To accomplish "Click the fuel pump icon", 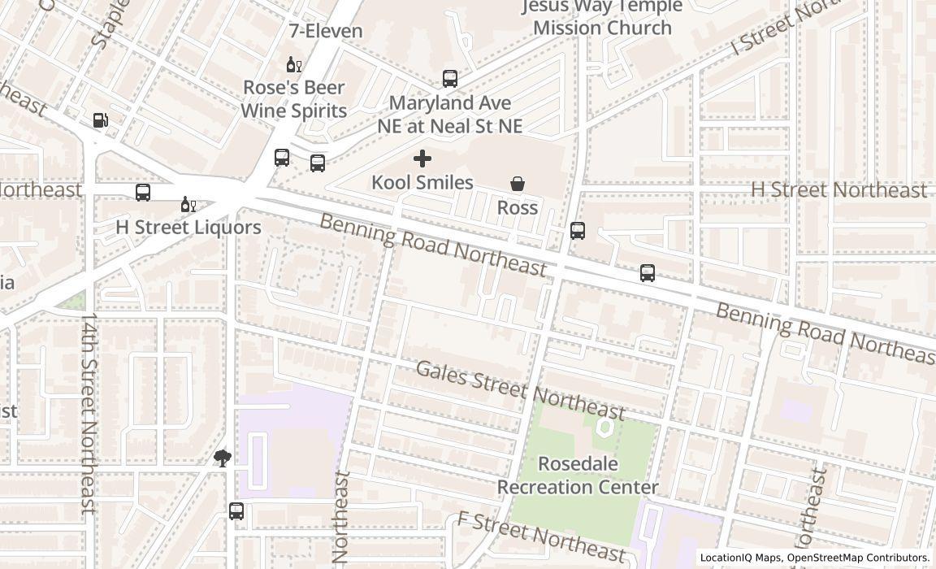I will coord(101,120).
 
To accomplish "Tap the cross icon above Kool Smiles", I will coord(422,159).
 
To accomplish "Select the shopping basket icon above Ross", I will coord(518,184).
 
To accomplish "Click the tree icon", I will coord(223,458).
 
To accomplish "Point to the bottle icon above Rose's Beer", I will coord(293,64).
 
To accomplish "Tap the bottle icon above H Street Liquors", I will coord(188,204).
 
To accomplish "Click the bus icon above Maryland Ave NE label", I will coord(450,79).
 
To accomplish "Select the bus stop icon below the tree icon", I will coord(236,511).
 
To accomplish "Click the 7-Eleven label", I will coord(326,31).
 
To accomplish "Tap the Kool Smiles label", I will coord(422,182).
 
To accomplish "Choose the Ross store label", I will coord(518,207).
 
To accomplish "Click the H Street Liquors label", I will coord(188,227).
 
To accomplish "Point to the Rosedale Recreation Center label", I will coord(578,476).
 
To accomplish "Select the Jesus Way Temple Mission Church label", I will coord(602,17).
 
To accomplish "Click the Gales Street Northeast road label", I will coord(520,389).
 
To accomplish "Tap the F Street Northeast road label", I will coord(541,536).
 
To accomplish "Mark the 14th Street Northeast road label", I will coord(89,413).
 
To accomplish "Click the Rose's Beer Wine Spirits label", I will coord(294,99).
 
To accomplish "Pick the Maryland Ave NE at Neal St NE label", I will coord(450,115).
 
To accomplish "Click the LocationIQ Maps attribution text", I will coord(815,558).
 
